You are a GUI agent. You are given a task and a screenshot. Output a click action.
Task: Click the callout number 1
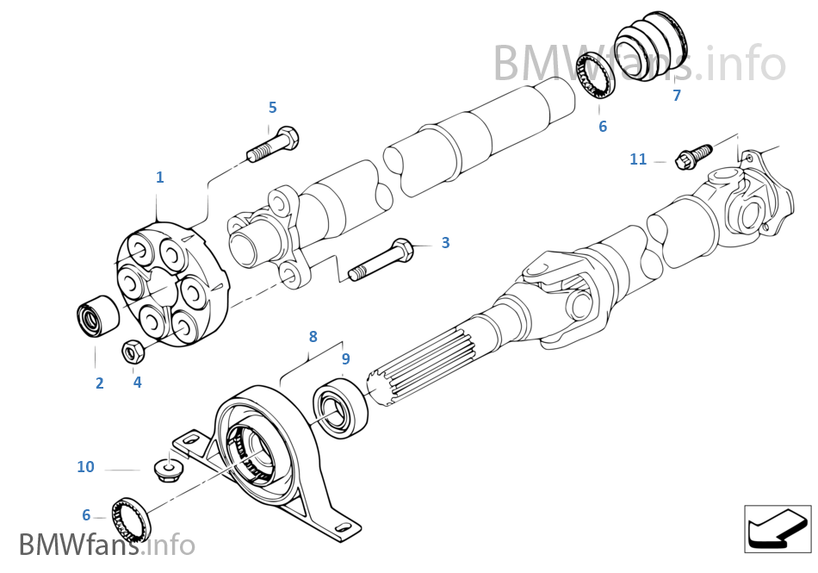[159, 178]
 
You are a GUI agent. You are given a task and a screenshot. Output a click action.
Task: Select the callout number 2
[99, 383]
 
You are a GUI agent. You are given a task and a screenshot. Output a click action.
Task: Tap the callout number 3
[445, 243]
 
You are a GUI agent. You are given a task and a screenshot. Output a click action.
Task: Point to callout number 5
[272, 108]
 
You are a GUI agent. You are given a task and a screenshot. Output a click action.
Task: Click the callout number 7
[677, 96]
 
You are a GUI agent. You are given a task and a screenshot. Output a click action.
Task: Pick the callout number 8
[313, 336]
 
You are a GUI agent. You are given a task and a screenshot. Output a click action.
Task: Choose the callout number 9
[345, 358]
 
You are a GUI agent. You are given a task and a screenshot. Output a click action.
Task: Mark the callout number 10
[85, 467]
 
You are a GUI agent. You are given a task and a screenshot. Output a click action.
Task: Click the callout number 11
[637, 159]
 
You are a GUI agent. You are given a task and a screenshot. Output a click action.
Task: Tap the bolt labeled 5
[273, 146]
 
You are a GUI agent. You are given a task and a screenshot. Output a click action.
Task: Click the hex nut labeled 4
[133, 352]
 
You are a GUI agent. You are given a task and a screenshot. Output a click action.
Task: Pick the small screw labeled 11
[693, 156]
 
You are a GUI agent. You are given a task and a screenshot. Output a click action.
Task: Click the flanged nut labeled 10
[163, 470]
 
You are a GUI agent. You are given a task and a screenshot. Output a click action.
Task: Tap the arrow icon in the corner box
[778, 528]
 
